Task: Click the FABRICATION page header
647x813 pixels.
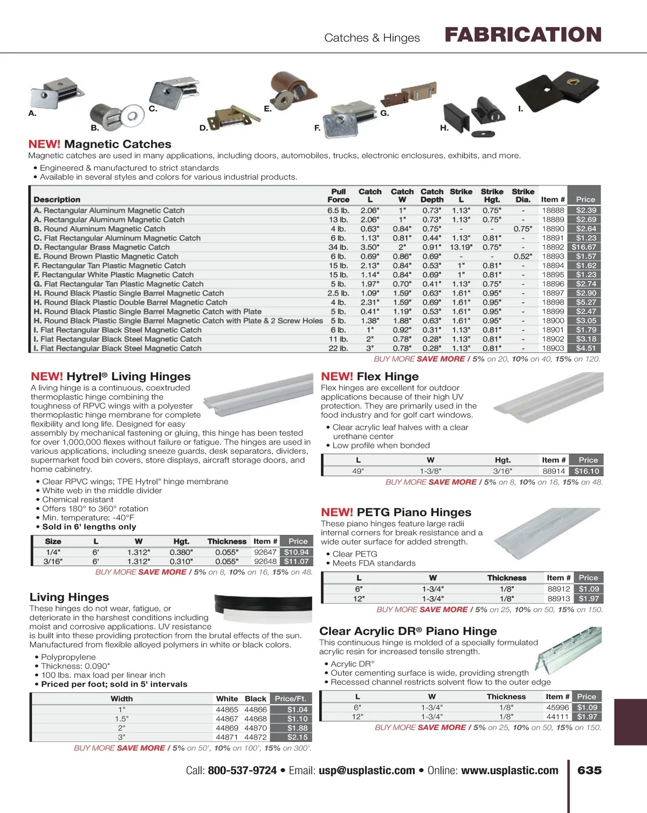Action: pos(522,35)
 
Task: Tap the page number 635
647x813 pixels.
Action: pos(589,770)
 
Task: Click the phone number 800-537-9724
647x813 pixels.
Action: pos(242,771)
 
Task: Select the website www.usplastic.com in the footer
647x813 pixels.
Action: pos(510,771)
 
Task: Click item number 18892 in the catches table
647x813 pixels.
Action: pos(553,247)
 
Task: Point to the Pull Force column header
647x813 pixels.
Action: pos(338,195)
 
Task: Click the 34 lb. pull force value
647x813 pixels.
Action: pos(338,247)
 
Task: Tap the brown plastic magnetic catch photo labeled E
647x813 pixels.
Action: pos(288,88)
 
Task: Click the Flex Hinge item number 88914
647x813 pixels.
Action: pos(553,471)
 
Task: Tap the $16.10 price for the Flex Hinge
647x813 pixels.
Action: pos(586,471)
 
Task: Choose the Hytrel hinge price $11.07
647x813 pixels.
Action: pos(296,561)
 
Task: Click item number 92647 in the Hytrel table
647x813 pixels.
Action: pos(265,552)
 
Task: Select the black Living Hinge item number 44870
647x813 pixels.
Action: pos(256,728)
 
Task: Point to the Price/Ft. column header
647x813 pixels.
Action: pos(290,699)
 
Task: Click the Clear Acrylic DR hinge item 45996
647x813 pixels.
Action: pos(557,707)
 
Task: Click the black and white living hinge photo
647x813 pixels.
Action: pos(263,608)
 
